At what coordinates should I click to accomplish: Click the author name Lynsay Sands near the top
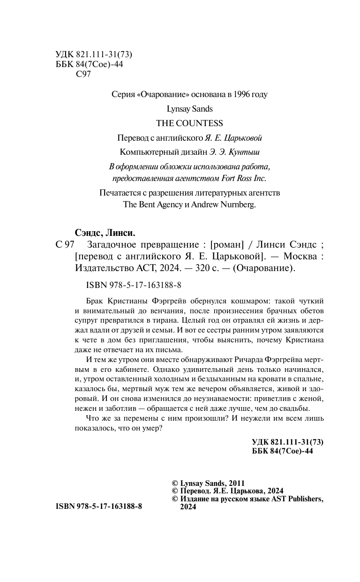(x=189, y=109)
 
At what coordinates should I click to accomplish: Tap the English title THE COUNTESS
(x=189, y=123)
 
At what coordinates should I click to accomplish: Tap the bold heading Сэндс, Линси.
(x=105, y=233)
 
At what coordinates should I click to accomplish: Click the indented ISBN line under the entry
(x=134, y=284)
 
